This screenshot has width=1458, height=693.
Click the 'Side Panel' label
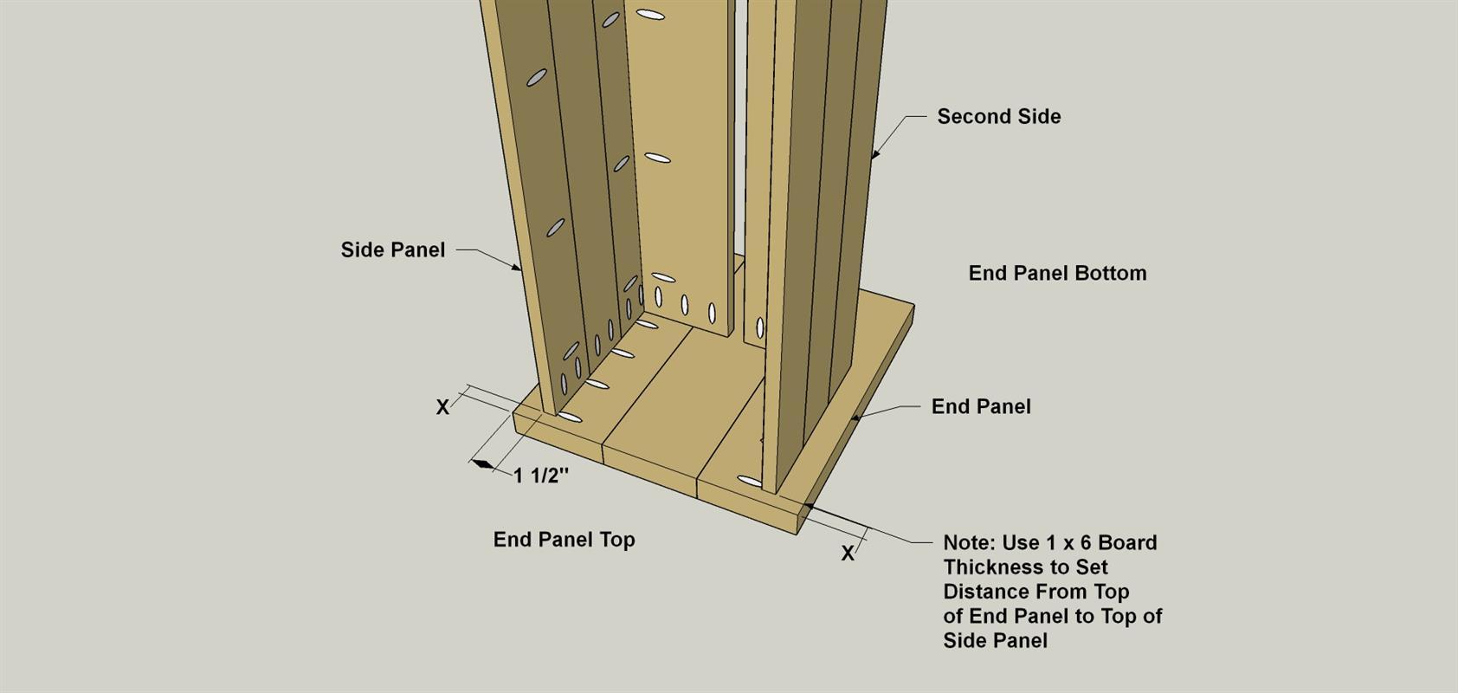click(x=393, y=250)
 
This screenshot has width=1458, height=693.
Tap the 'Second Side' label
click(x=999, y=117)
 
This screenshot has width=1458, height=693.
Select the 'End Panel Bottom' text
click(x=1058, y=273)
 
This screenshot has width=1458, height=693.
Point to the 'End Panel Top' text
click(x=564, y=540)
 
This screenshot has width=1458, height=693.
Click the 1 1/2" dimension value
click(x=541, y=476)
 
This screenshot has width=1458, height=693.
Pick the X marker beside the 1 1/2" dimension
click(x=442, y=408)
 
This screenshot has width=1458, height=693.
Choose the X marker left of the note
click(x=848, y=554)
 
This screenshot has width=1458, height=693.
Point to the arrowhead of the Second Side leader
click(x=875, y=154)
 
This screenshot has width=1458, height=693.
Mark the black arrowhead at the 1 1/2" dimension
click(x=482, y=463)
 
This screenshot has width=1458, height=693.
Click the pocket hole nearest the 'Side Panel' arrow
click(x=555, y=227)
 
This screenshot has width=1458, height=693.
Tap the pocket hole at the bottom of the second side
click(x=750, y=482)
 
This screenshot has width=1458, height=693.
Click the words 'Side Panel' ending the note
click(x=995, y=641)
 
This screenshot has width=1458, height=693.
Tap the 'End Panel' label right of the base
click(x=981, y=407)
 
